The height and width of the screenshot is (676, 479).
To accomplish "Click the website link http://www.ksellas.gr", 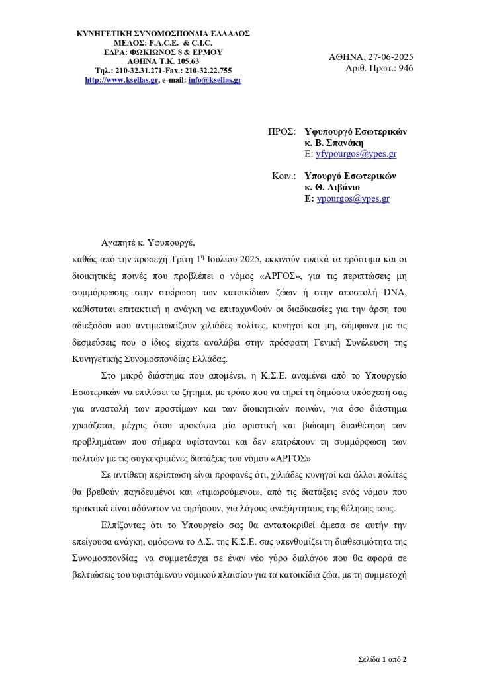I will (121, 80).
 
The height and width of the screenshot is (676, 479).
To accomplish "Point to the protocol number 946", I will (405, 68).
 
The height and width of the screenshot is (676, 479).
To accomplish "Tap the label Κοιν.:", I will (284, 176).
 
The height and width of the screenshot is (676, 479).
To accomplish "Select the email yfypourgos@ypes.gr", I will (355, 153).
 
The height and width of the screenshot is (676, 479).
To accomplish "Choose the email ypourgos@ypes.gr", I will (353, 198).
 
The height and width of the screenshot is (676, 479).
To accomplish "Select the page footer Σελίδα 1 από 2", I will (382, 659).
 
